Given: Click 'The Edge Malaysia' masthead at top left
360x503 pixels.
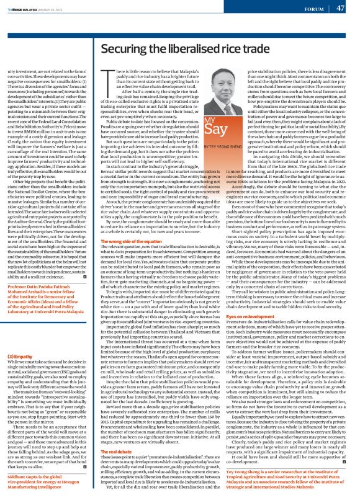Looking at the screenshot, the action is (28, 7).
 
